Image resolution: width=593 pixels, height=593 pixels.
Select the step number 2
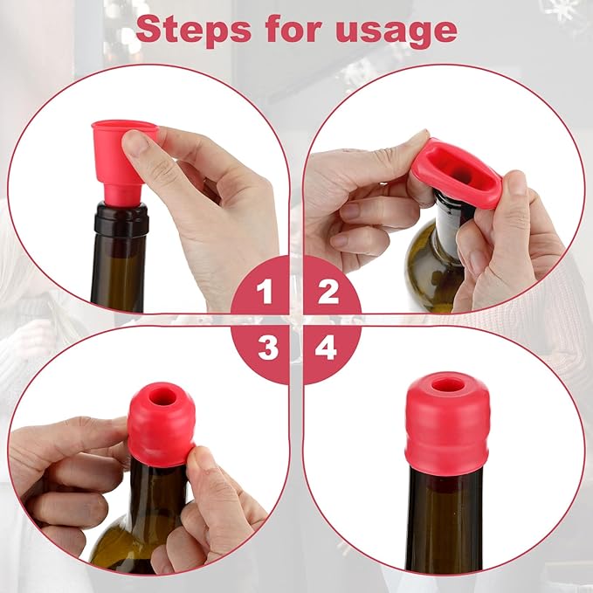click(328, 291)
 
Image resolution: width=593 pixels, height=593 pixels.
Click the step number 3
click(267, 349)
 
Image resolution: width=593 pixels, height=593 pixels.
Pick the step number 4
click(327, 349)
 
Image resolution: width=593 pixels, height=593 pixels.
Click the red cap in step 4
click(447, 424)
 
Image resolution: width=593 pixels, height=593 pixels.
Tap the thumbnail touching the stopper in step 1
click(137, 141)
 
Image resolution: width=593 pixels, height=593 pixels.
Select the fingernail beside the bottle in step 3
click(203, 457)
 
